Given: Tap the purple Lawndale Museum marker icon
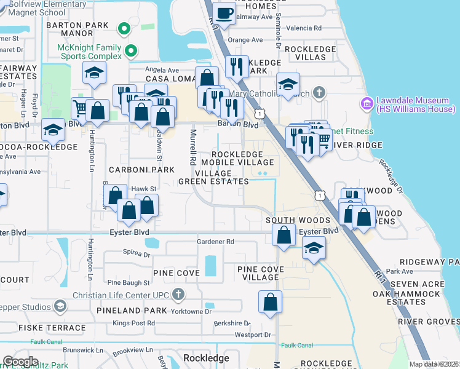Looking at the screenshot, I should (367, 101).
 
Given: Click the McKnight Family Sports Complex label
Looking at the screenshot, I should (90, 54).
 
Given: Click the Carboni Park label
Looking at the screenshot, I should (134, 169).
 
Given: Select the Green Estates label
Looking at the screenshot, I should (213, 181).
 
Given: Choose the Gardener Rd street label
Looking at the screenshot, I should (216, 242).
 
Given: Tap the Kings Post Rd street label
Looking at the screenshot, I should (133, 323).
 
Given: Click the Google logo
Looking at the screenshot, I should (20, 362).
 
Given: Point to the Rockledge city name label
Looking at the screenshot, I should (206, 357).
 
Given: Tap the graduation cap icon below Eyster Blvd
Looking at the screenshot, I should (314, 249).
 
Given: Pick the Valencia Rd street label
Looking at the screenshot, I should (309, 28).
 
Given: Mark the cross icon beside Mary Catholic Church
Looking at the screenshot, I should (318, 92).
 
